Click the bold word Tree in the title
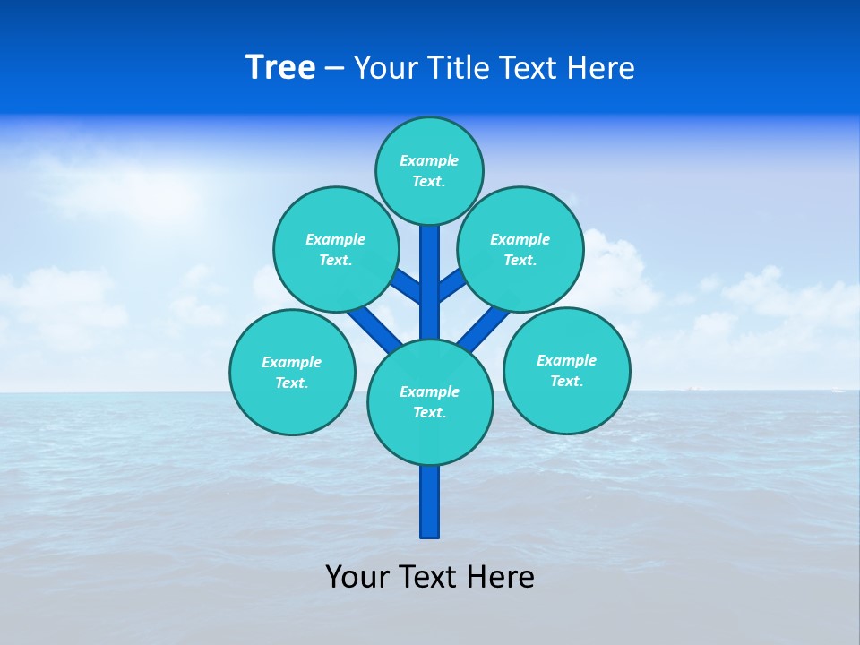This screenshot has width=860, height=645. [x=280, y=67]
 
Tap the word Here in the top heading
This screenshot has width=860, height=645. [x=600, y=67]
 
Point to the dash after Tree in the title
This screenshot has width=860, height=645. [x=334, y=69]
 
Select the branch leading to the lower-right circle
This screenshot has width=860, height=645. [x=483, y=328]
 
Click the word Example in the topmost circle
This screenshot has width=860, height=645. [x=429, y=160]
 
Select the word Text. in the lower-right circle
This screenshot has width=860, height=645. [x=566, y=381]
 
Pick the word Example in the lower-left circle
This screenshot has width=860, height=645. [x=291, y=362]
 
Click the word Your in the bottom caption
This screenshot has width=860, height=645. [x=357, y=577]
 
